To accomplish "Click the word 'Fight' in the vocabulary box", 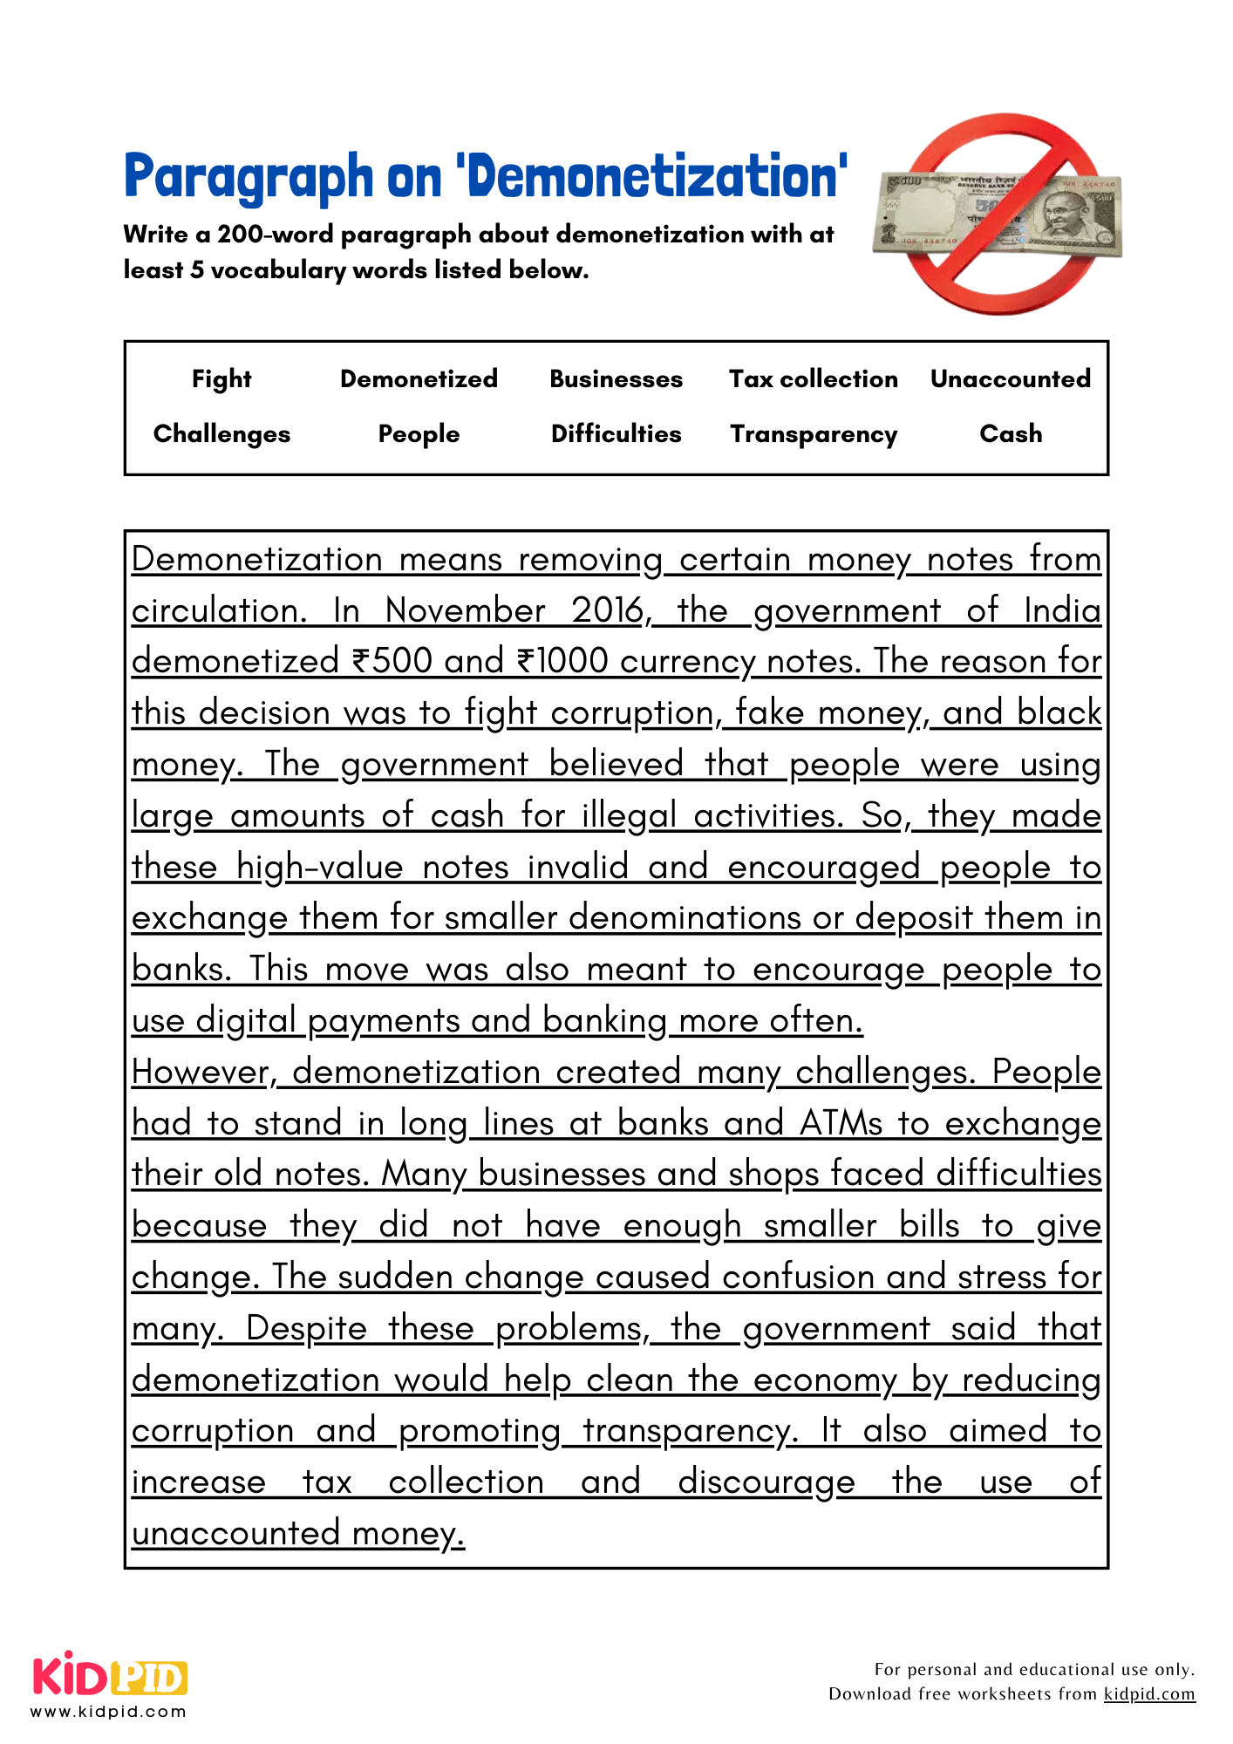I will click(221, 379).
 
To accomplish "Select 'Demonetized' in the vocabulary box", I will click(419, 379).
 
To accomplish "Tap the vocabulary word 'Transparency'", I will click(813, 434).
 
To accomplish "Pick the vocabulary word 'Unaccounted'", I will click(1010, 379).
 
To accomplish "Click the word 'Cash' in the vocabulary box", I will click(1010, 434).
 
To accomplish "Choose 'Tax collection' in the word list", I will click(813, 379).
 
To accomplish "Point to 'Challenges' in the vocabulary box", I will click(221, 434).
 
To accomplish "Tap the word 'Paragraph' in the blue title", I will click(249, 177).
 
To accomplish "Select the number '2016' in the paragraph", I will click(610, 610).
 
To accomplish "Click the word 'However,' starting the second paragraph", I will click(204, 1073).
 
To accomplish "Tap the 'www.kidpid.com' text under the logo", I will click(108, 1712).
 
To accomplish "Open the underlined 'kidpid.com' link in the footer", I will click(1148, 1693).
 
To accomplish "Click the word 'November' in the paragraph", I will click(465, 610).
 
